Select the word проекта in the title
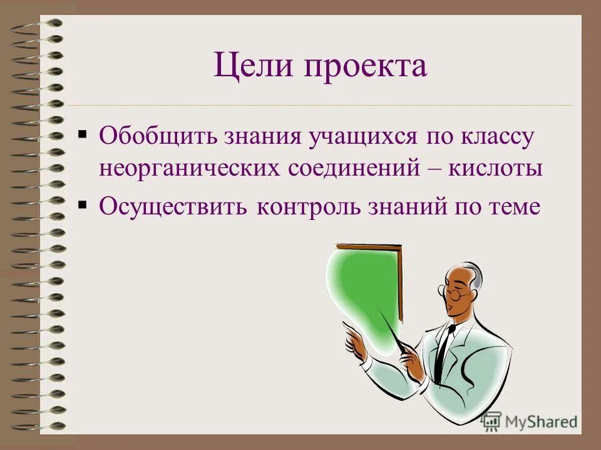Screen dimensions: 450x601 pyautogui.click(x=366, y=66)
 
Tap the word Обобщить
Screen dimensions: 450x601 pyautogui.click(x=153, y=136)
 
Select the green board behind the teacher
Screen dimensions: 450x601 pyautogui.click(x=363, y=281)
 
